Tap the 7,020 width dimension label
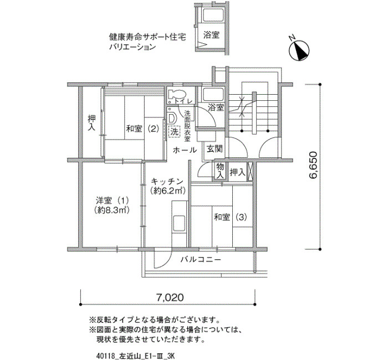[x=170, y=297]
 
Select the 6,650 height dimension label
[x=313, y=165]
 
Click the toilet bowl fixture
[x=177, y=94]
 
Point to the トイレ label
[x=183, y=101]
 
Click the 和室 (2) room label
[x=142, y=129]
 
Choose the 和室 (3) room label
[x=231, y=217]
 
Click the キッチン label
[x=167, y=182]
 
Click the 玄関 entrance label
[x=215, y=148]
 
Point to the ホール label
[x=185, y=150]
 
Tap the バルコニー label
[x=200, y=259]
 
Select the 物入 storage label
[x=219, y=171]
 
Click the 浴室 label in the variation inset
[x=211, y=35]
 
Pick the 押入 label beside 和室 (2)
[x=92, y=123]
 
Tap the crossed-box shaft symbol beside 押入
[x=250, y=171]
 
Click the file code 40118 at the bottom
[x=105, y=356]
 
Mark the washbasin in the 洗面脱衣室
[x=172, y=117]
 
